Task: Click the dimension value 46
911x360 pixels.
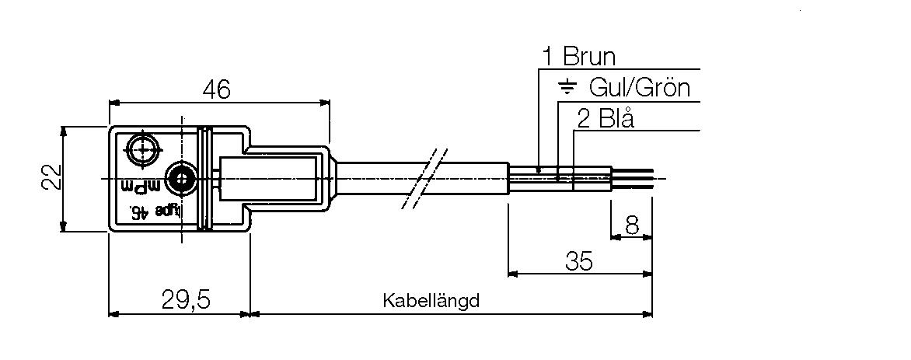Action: point(217,89)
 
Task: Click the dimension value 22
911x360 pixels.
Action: point(51,178)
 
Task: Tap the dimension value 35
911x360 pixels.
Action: point(578,260)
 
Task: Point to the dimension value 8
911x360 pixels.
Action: point(631,225)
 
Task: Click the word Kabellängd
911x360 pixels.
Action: point(431,300)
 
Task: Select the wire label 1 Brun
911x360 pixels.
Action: point(578,57)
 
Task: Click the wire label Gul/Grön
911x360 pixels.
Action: point(640,87)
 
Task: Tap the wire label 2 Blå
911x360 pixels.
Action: point(606,118)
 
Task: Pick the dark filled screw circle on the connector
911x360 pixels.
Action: point(180,180)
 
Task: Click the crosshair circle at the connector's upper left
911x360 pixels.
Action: point(142,148)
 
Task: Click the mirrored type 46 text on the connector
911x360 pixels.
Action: point(155,211)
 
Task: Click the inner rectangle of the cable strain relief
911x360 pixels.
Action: point(269,180)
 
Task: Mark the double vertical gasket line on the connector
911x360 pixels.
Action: point(204,179)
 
